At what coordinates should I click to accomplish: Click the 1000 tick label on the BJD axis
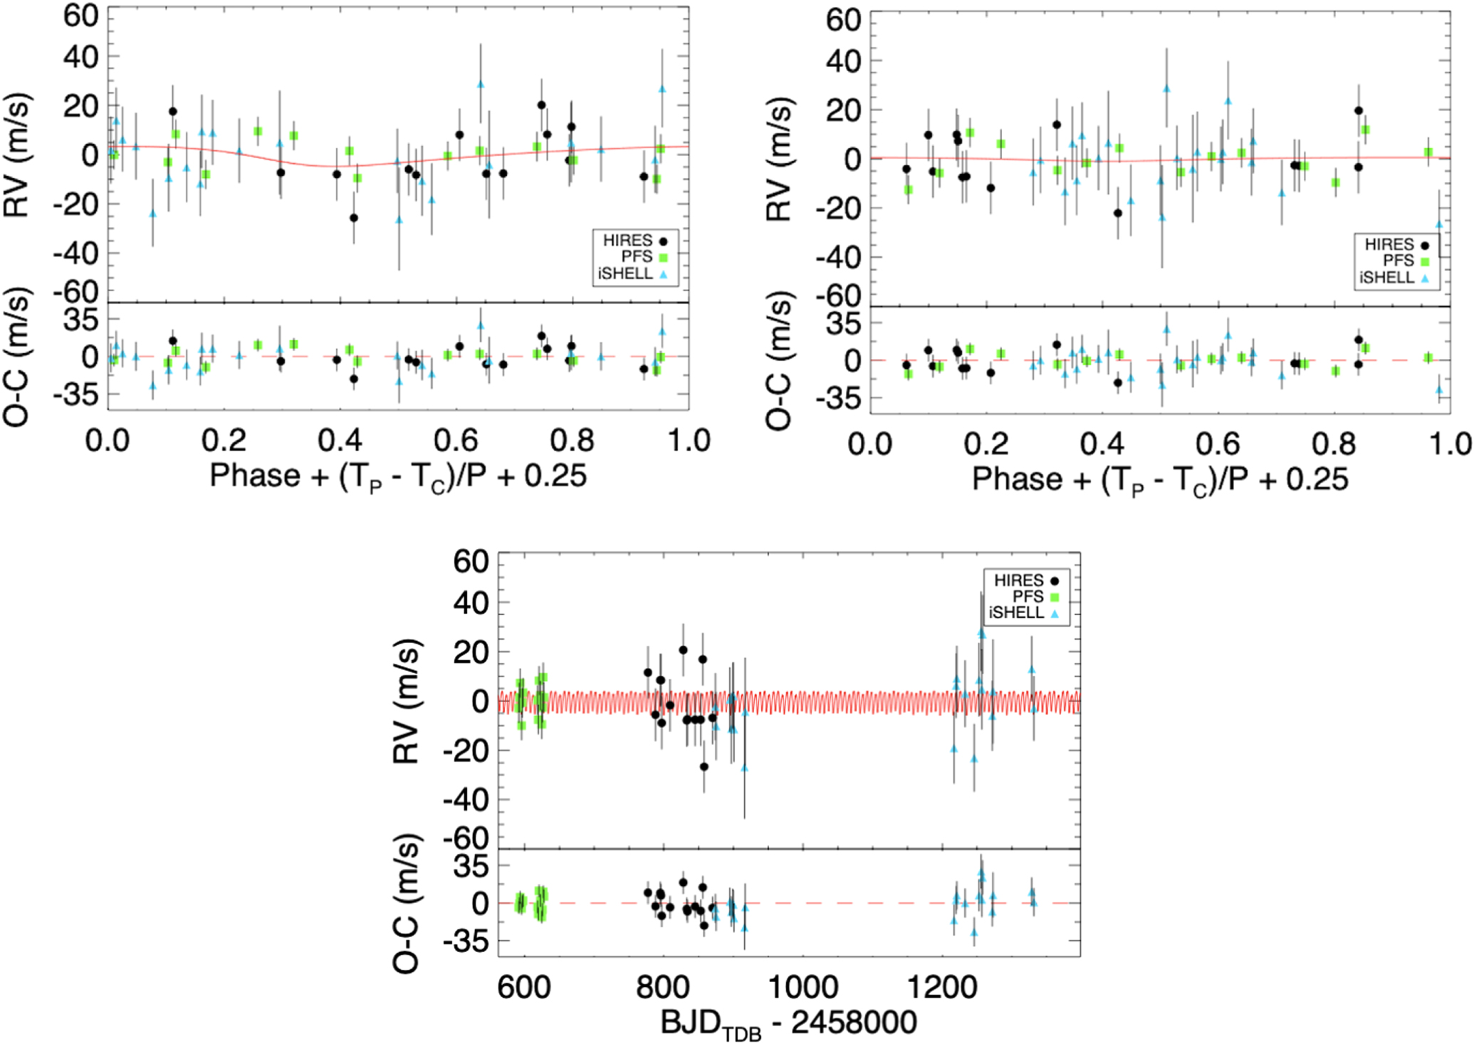(803, 988)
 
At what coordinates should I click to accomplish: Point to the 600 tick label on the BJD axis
(524, 988)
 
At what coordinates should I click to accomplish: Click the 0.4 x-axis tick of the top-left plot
(340, 441)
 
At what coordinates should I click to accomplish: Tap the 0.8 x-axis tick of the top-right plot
(1334, 444)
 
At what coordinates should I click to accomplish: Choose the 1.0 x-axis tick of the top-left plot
(689, 441)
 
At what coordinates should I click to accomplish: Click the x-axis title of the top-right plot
(1160, 480)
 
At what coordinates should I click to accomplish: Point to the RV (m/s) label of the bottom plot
(407, 701)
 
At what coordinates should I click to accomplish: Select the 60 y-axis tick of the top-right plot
(843, 20)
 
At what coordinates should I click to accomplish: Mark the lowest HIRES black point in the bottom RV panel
(704, 767)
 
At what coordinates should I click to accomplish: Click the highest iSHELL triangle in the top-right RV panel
(1166, 89)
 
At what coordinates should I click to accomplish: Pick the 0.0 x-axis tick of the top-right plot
(869, 444)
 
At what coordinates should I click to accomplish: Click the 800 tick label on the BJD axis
(663, 988)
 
